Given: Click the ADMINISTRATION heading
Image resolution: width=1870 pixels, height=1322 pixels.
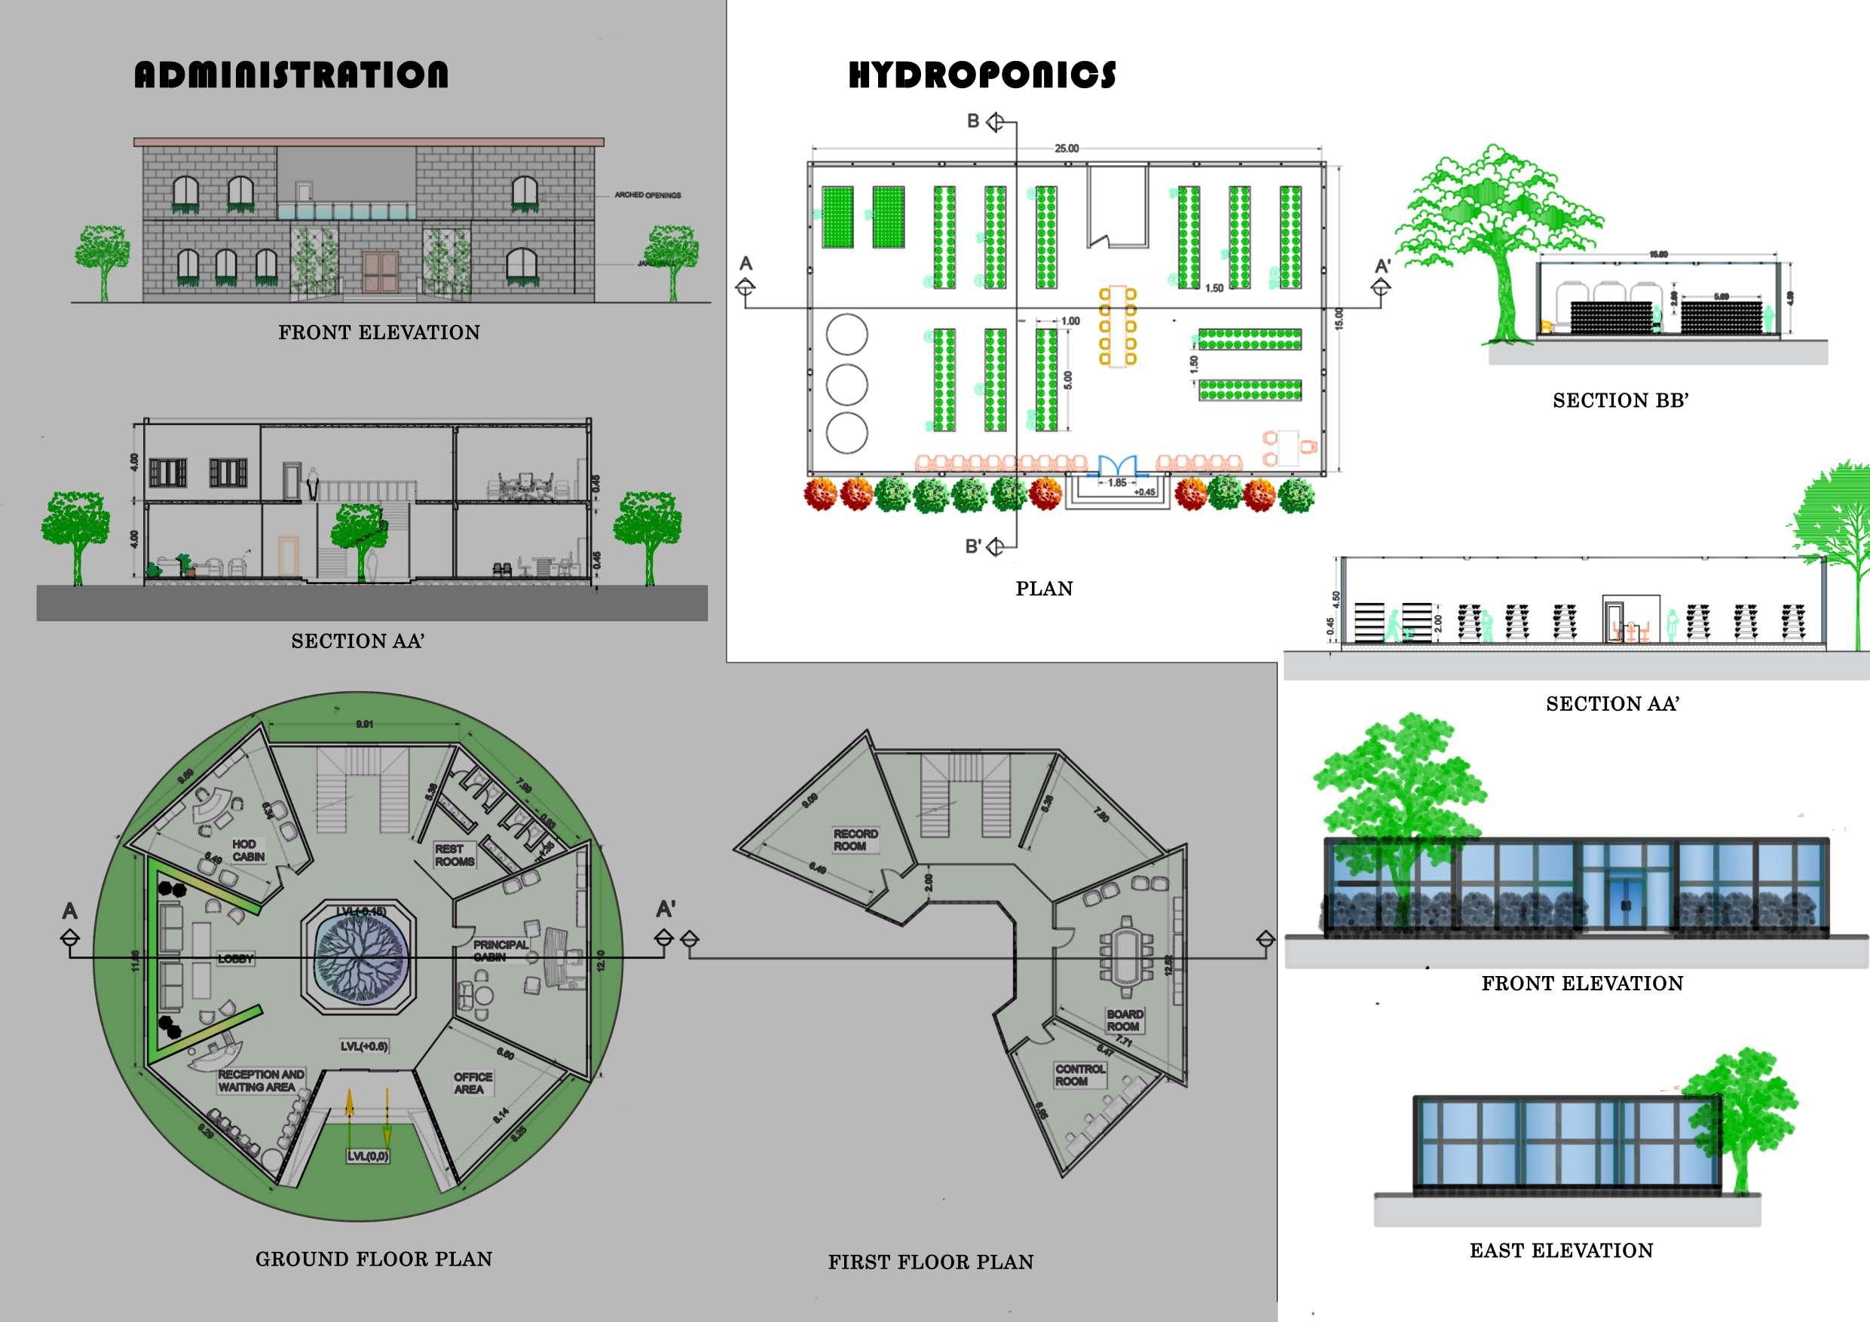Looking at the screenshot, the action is point(291,75).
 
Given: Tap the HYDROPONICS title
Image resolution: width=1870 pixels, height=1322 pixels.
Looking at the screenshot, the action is point(981,75).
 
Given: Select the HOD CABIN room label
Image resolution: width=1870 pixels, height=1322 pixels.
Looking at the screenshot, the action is point(247,850).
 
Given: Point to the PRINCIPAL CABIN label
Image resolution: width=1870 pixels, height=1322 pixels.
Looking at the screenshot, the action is point(500,950).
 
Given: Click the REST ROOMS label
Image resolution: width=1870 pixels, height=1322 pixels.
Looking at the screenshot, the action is point(454,855).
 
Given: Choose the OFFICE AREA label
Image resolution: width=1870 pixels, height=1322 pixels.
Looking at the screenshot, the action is point(473,1082).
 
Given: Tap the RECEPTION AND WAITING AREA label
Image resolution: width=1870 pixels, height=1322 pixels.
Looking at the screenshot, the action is point(260,1080).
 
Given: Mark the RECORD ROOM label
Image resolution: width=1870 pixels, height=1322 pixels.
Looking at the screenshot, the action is point(855,840).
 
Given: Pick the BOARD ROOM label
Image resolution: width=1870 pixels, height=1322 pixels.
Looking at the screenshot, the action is point(1124,1020).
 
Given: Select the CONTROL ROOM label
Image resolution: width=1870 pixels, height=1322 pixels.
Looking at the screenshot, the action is point(1079,1074).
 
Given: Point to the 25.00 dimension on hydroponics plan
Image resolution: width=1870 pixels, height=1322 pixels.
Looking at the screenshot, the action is point(1066,148).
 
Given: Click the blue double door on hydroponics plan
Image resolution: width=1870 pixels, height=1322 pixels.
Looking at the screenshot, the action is point(1116,465).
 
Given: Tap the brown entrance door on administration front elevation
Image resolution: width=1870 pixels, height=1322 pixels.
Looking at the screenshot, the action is point(381,273).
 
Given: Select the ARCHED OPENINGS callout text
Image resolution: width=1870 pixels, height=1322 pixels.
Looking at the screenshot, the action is point(647,195).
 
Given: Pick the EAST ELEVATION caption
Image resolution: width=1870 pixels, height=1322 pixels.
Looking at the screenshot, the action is point(1560,1250).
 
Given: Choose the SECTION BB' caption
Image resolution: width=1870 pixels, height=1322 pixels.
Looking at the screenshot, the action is point(1620,401).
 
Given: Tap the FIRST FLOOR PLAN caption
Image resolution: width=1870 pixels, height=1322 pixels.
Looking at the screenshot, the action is point(930,1262).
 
